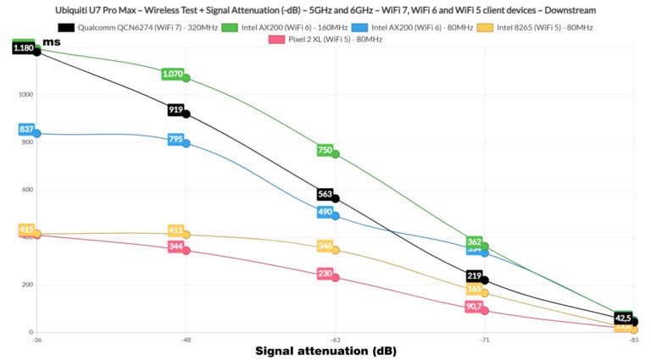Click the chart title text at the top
[x=325, y=9]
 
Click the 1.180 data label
[x=23, y=48]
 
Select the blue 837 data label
[x=25, y=130]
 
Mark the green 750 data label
[x=325, y=150]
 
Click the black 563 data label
[x=325, y=194]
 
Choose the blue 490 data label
[x=325, y=213]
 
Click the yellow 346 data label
[x=325, y=246]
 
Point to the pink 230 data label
[x=325, y=274]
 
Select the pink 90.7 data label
[x=475, y=307]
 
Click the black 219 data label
[x=475, y=276]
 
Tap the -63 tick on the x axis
[x=335, y=340]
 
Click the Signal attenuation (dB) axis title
[x=326, y=351]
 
